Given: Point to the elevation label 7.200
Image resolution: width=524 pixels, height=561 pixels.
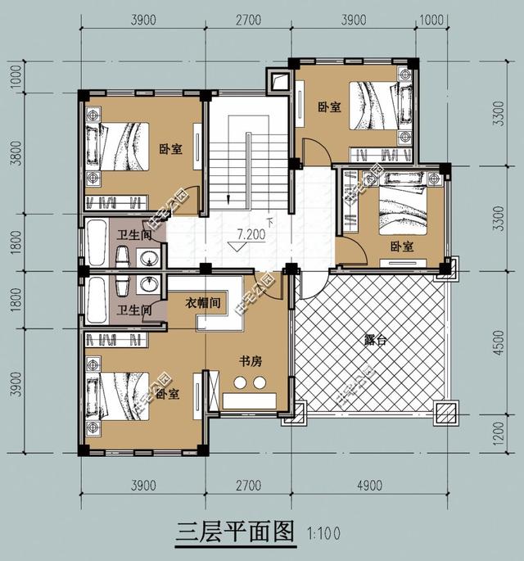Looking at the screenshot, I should pos(251,234).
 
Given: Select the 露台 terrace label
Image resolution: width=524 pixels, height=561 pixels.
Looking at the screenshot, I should pos(374,338).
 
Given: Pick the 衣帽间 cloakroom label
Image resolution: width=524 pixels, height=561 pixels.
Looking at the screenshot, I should pos(203,303).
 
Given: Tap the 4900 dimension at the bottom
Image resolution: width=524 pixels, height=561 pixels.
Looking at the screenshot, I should pos(368,486).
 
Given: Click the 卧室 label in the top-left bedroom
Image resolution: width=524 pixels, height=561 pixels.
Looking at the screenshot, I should pos(170,149).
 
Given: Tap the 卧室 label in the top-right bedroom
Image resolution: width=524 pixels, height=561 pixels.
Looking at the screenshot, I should pos(329,106).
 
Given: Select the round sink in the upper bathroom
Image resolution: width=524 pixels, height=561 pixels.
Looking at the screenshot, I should pos(150,260).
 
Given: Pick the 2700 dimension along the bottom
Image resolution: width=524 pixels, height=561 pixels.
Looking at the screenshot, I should pos(247,486).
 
